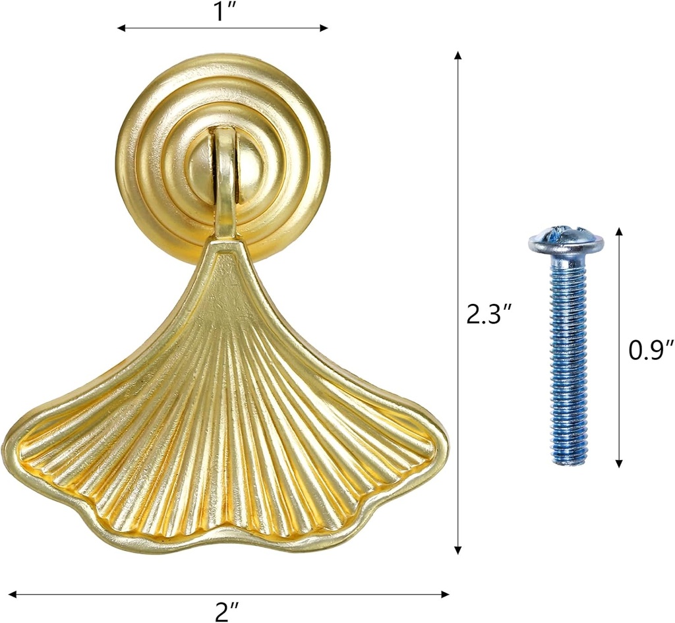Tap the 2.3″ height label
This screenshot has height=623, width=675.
pos(485,315)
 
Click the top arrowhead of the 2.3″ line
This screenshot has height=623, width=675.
pos(459,55)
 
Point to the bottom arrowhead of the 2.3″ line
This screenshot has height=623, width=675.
pos(459,550)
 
